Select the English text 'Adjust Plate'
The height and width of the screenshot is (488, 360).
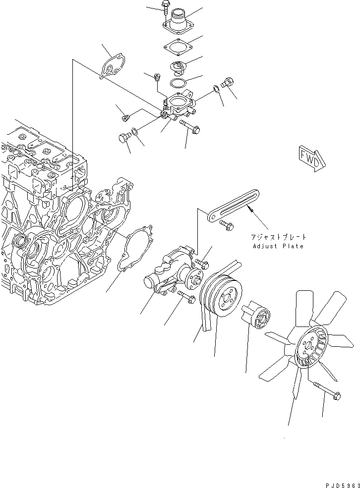click(278, 246)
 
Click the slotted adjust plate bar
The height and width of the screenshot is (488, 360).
click(233, 206)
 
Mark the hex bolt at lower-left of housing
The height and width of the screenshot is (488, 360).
click(123, 139)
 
